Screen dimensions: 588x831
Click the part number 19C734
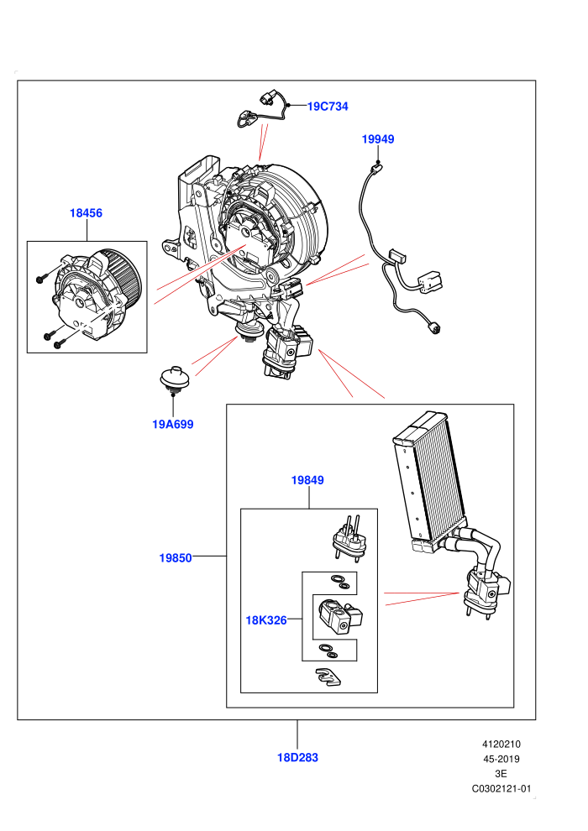tap(328, 107)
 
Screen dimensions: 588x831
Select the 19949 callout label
tap(378, 139)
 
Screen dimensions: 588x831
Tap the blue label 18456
tap(86, 213)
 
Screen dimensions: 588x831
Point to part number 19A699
tap(173, 425)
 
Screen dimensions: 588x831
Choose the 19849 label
tap(307, 480)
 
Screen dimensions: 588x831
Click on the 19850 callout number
tap(176, 558)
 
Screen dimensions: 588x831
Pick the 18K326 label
tap(266, 620)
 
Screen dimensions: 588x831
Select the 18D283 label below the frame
tap(297, 758)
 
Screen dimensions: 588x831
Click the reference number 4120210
tap(501, 744)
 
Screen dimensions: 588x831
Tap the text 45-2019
tap(501, 759)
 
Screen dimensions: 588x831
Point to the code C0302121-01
tap(501, 788)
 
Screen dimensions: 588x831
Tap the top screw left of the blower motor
tap(41, 278)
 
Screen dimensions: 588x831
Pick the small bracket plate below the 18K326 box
tap(328, 677)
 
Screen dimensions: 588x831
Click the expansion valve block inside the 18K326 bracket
tap(340, 616)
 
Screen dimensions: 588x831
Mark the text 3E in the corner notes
tap(501, 774)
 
